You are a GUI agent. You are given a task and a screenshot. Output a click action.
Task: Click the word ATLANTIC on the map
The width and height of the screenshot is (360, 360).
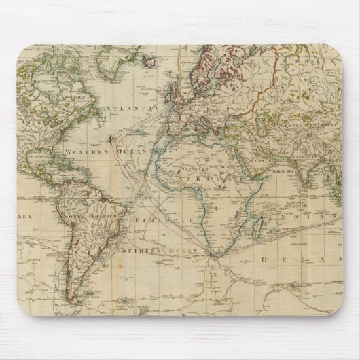tap(131, 109)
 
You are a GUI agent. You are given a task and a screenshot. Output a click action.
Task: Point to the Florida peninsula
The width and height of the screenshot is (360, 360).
tap(52, 153)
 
